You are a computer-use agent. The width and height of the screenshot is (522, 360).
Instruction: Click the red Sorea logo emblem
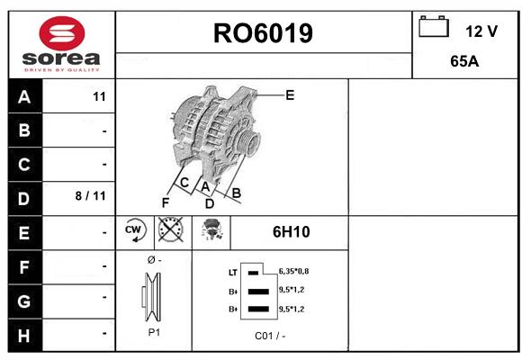(62, 33)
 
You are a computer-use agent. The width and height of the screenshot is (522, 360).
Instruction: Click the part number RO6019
(263, 33)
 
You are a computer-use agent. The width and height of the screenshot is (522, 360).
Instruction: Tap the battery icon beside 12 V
(434, 27)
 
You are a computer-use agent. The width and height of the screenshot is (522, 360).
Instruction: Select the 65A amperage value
(464, 61)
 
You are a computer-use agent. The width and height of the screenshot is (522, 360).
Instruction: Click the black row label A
(24, 97)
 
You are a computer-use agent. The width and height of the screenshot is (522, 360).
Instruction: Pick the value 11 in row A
(99, 97)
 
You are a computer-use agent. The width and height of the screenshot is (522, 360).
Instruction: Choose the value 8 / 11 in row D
(91, 196)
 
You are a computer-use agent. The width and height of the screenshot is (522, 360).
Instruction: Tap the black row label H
(24, 336)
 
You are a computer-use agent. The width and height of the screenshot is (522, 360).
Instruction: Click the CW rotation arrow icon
(135, 229)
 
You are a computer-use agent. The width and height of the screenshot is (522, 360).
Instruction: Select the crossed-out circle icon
(171, 229)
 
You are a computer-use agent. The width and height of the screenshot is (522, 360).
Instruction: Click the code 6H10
(291, 232)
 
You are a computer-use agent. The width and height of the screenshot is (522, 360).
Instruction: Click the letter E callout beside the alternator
(290, 95)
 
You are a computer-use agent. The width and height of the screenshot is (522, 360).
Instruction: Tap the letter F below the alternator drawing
(165, 202)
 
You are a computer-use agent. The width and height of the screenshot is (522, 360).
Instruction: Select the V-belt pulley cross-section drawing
(152, 296)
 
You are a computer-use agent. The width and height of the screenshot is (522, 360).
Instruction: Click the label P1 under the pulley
(154, 332)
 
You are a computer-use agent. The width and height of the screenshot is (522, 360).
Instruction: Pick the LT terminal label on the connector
(233, 273)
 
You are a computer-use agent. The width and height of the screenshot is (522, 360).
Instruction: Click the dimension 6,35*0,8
(293, 272)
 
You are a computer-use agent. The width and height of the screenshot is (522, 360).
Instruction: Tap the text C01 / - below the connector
(270, 336)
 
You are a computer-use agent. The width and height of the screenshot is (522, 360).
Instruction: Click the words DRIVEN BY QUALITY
(62, 70)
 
